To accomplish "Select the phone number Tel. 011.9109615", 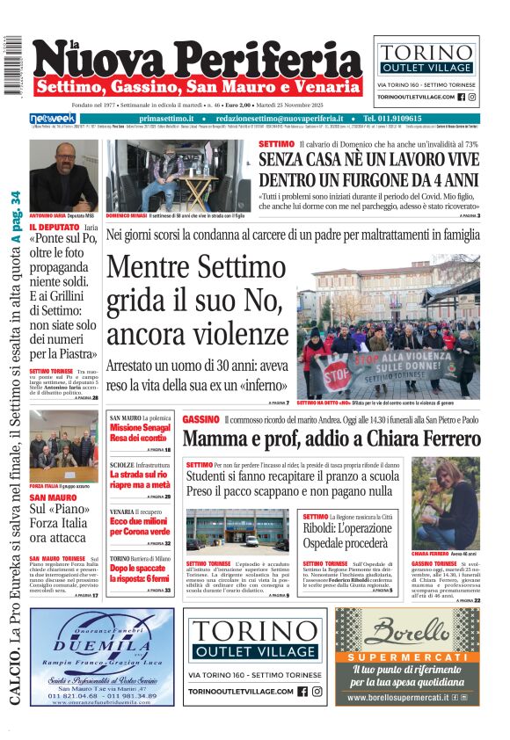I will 403,118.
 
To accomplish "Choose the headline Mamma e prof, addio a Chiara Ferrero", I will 331,439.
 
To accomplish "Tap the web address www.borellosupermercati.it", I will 398,698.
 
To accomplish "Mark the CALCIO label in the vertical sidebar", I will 16,677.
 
